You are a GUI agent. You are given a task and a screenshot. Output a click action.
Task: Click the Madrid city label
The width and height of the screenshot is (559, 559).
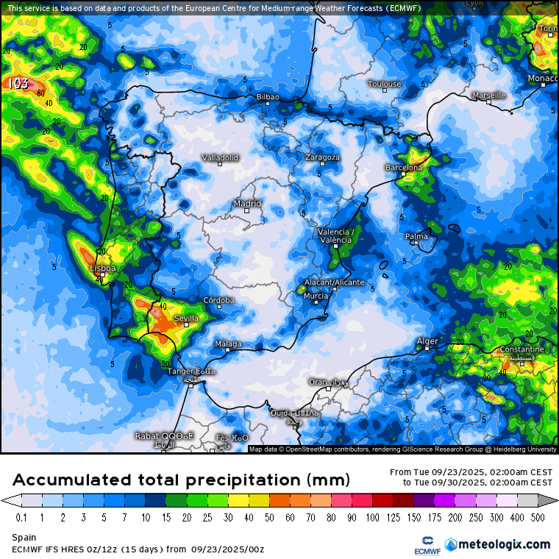tap(247, 203)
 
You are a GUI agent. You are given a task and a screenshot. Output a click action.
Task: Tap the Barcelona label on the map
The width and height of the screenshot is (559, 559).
tap(404, 168)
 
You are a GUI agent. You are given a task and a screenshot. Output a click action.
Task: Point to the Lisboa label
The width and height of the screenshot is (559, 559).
tap(102, 268)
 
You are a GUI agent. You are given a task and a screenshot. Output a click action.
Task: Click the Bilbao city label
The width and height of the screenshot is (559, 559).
tap(268, 96)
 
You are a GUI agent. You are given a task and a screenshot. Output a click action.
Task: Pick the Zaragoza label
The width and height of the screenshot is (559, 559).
tap(322, 157)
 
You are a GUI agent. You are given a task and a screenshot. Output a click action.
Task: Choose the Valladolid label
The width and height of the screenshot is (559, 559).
tap(220, 157)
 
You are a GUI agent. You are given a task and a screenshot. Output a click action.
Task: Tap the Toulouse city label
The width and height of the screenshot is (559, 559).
tap(385, 84)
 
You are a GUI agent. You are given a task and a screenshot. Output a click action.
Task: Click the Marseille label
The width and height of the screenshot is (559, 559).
tap(488, 95)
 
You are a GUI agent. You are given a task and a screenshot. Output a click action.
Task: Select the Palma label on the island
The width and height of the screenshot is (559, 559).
tap(416, 236)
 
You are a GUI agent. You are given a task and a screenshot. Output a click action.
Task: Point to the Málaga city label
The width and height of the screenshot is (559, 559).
tap(227, 343)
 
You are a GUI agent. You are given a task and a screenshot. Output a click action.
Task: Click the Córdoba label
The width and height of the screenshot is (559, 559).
tap(218, 300)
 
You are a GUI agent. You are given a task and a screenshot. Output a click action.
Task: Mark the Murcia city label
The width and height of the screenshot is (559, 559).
tap(316, 296)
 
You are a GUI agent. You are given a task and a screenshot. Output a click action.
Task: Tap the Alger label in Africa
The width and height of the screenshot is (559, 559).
tap(427, 341)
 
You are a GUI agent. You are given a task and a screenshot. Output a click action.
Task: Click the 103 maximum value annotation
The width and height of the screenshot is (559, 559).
tap(18, 83)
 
